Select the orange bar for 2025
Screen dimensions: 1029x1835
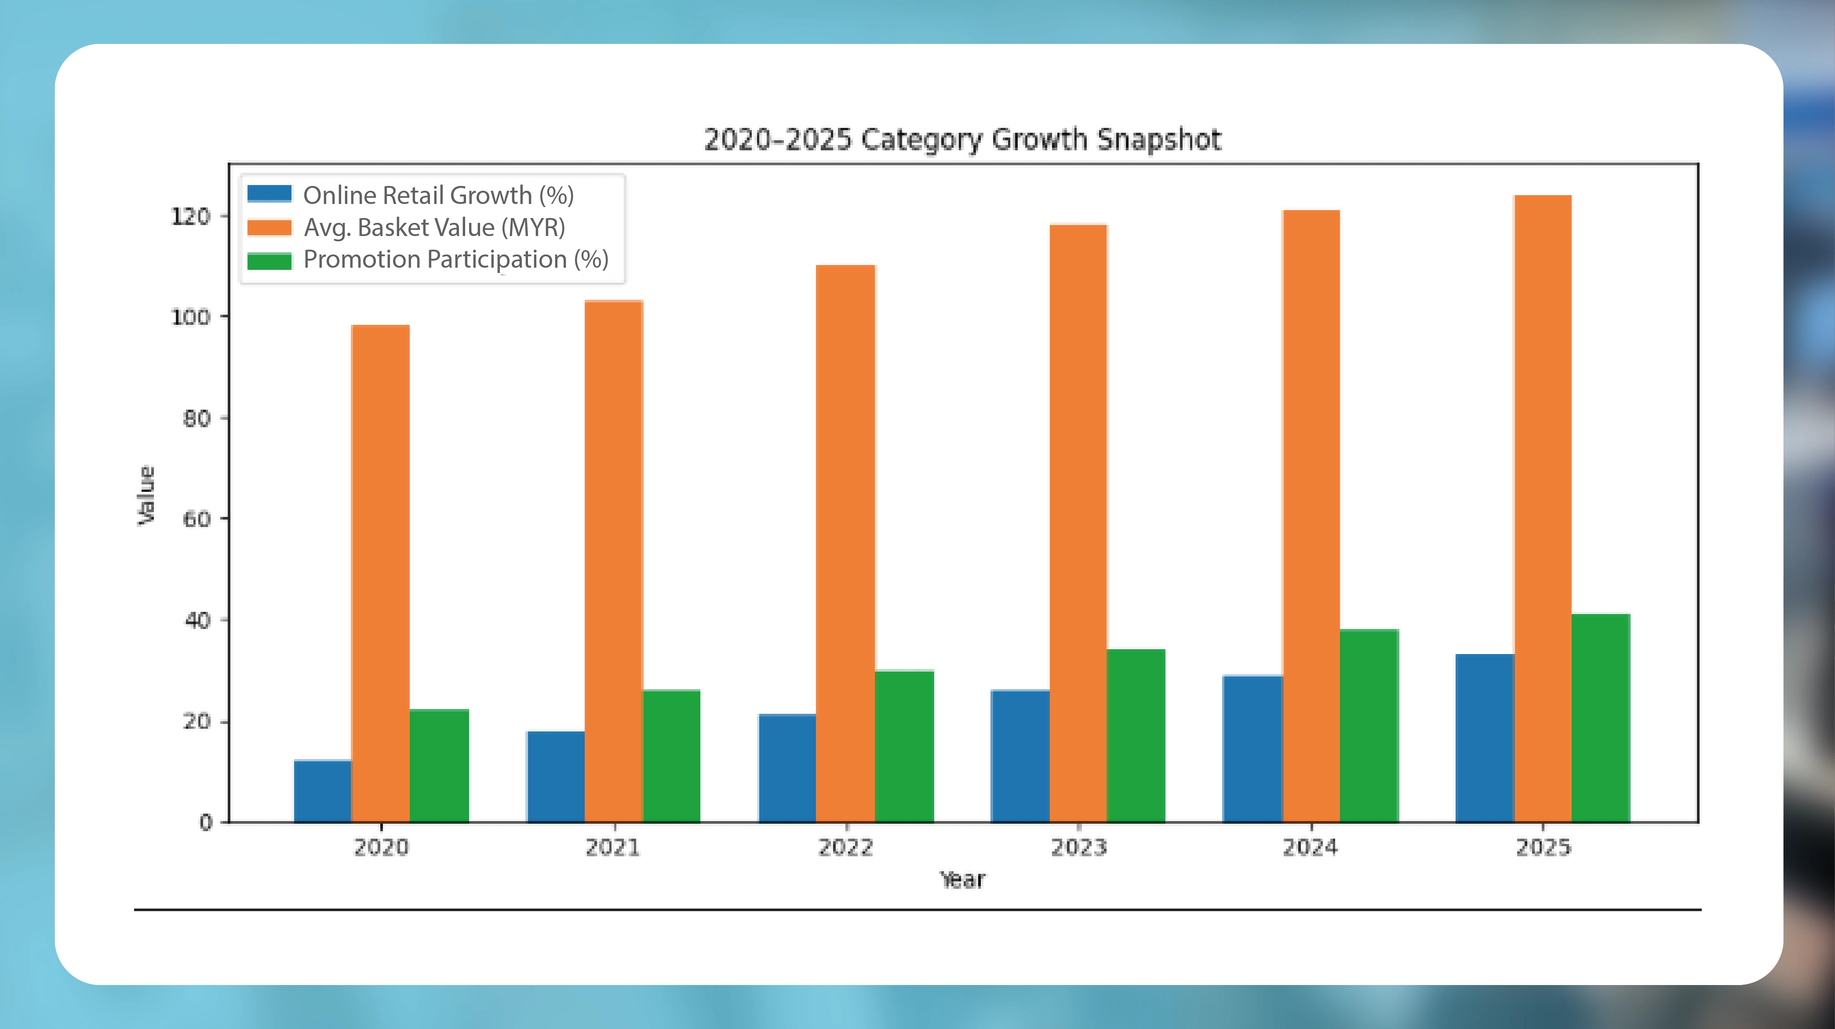click(x=1542, y=509)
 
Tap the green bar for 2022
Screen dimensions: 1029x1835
click(x=904, y=746)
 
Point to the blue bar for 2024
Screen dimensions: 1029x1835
click(x=1252, y=749)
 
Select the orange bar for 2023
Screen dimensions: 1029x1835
click(x=1078, y=524)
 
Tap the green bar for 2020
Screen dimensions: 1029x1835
click(x=439, y=766)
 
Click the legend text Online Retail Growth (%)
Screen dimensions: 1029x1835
click(x=438, y=195)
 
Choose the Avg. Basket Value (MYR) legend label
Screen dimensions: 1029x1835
click(x=434, y=228)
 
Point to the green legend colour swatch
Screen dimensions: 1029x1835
click(x=269, y=261)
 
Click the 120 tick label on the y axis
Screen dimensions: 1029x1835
click(x=190, y=217)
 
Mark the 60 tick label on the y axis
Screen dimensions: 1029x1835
click(x=197, y=519)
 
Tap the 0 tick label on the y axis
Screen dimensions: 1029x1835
click(x=205, y=822)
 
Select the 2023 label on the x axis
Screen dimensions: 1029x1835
click(x=1078, y=847)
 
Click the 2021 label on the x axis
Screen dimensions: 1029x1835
click(x=612, y=847)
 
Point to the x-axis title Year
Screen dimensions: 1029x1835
click(x=961, y=880)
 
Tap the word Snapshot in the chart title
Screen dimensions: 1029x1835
click(x=1159, y=140)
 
